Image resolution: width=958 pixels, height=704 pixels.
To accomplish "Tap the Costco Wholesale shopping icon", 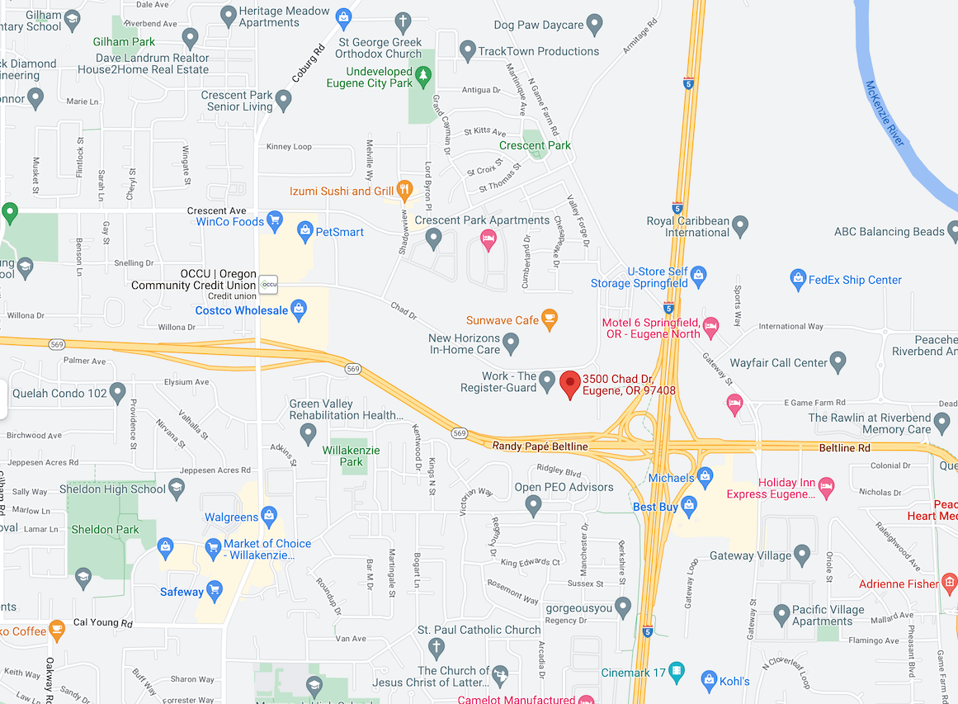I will [300, 310].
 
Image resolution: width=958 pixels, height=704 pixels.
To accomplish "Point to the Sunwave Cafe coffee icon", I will [550, 320].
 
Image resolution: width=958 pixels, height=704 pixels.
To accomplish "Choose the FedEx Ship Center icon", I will [797, 280].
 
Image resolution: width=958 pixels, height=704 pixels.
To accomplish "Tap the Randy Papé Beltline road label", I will [540, 446].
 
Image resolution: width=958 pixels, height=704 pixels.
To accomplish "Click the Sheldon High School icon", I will [177, 489].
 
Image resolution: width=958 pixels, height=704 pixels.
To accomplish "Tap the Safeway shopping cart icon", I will [215, 591].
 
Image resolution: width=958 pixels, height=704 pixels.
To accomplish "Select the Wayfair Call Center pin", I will [838, 361].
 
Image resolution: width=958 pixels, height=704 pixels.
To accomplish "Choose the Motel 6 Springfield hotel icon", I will [710, 326].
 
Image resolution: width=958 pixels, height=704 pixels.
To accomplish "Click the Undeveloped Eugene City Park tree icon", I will [423, 77].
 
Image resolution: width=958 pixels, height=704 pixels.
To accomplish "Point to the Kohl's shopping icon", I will [708, 681].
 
